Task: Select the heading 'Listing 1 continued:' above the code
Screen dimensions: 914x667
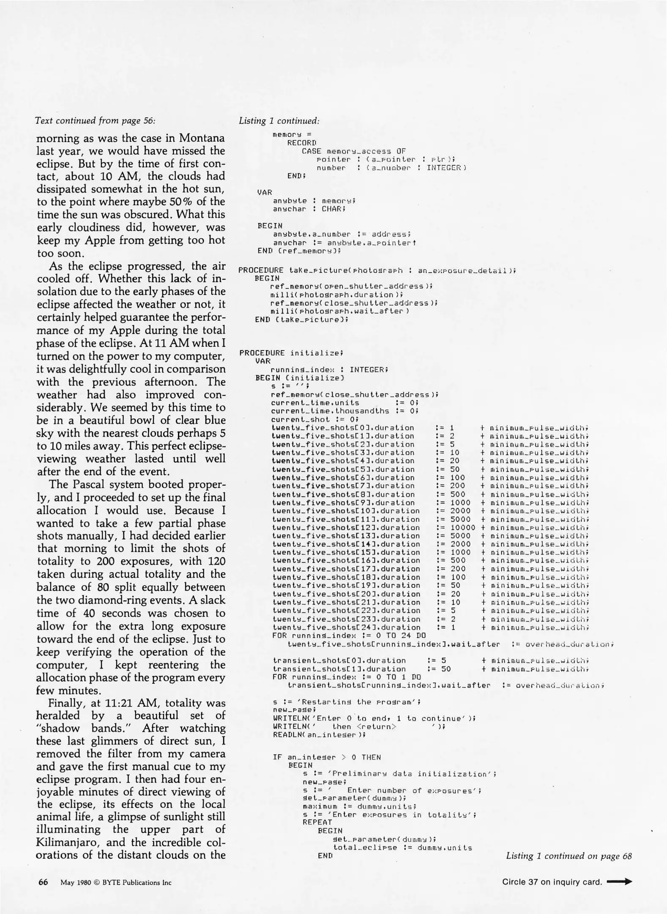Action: coord(279,121)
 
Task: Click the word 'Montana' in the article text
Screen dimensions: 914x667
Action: coord(202,138)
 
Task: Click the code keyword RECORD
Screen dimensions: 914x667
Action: coord(302,143)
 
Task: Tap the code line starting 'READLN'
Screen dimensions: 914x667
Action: coord(319,735)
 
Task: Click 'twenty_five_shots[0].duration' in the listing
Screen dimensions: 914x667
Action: coord(343,428)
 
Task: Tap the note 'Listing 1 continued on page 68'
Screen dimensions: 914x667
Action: coord(569,856)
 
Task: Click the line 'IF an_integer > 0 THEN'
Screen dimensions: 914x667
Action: coord(327,757)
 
